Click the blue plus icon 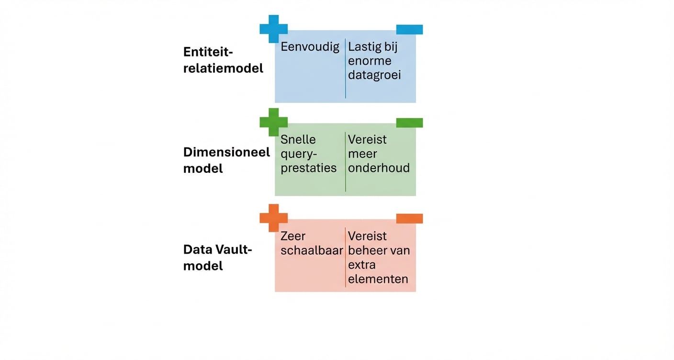(x=274, y=28)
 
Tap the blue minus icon (x=409, y=30)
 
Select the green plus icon (x=274, y=122)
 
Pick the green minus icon (x=409, y=123)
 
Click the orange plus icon (x=274, y=218)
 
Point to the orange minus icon (x=409, y=219)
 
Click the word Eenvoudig (x=310, y=47)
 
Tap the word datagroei (x=374, y=75)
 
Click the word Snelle (x=298, y=139)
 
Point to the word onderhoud (x=379, y=168)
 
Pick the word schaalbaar (x=312, y=250)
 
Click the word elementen (x=378, y=279)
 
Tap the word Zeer (x=293, y=236)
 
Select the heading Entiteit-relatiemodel (x=223, y=60)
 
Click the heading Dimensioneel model (x=226, y=160)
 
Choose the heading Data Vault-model (x=217, y=257)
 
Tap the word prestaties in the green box (x=308, y=168)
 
